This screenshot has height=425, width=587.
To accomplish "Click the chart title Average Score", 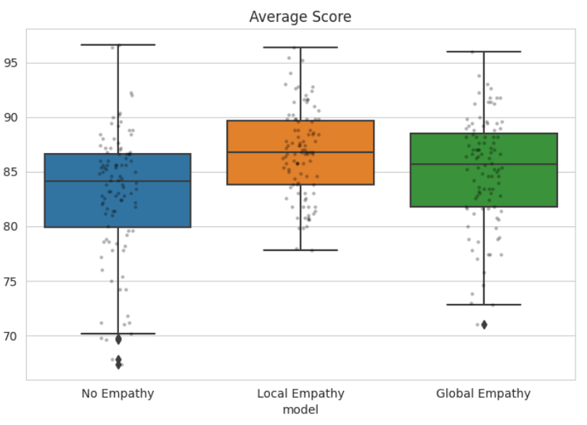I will tap(300, 17).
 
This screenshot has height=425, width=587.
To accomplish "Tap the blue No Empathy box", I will tap(80, 203).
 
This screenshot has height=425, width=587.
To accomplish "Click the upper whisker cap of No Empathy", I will tap(118, 45).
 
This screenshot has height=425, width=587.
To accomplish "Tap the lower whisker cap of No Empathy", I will tap(118, 334).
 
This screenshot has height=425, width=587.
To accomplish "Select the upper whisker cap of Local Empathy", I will tap(300, 47).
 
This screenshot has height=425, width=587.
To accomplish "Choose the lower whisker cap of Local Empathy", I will tap(300, 250).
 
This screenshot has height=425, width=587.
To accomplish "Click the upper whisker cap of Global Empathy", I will tap(483, 51).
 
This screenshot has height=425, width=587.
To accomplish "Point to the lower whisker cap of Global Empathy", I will tap(483, 305).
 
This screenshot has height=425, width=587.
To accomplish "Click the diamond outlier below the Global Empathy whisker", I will tap(483, 325).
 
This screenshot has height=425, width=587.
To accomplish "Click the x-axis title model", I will tap(300, 410).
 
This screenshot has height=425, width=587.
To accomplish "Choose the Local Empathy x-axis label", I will tap(300, 394).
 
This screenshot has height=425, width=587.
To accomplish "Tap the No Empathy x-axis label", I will tap(118, 394).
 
